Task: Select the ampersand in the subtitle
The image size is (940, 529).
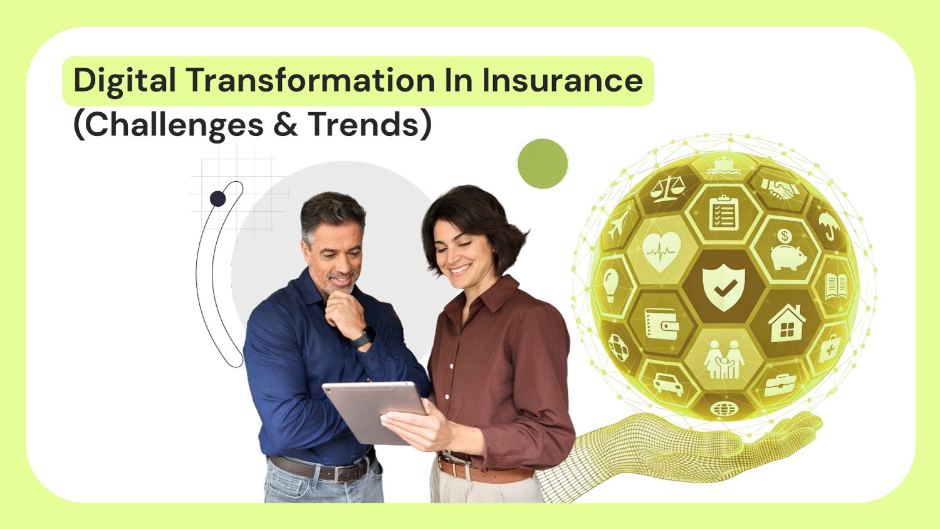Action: tap(285, 124)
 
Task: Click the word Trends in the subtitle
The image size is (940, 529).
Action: tap(363, 124)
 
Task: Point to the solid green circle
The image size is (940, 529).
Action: tap(542, 164)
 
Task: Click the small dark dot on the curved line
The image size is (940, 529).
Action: tap(217, 199)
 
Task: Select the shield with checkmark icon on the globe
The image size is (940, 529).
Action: tap(724, 287)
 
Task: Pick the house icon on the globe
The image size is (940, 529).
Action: tap(787, 323)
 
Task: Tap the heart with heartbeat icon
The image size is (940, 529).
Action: tap(662, 251)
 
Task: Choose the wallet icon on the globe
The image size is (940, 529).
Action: tap(661, 323)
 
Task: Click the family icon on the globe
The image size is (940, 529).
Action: tap(724, 360)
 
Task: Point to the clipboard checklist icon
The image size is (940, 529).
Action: tap(724, 212)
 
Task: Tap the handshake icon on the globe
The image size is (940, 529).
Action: tap(780, 188)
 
